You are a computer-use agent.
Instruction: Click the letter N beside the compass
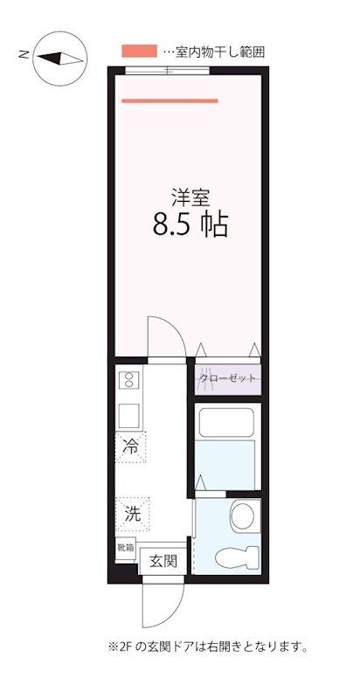click(x=24, y=54)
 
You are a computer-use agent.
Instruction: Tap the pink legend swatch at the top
click(x=139, y=52)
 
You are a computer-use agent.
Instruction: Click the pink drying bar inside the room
click(x=170, y=100)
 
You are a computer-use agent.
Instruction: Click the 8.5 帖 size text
click(x=190, y=225)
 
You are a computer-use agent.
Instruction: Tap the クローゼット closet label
click(x=228, y=378)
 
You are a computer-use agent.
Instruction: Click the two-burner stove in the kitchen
click(x=128, y=380)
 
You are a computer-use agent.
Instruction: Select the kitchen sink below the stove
click(x=128, y=414)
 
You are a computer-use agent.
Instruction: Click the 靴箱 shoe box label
click(x=126, y=549)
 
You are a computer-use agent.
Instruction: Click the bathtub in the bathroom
click(x=225, y=423)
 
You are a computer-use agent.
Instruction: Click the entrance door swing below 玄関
click(x=163, y=603)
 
